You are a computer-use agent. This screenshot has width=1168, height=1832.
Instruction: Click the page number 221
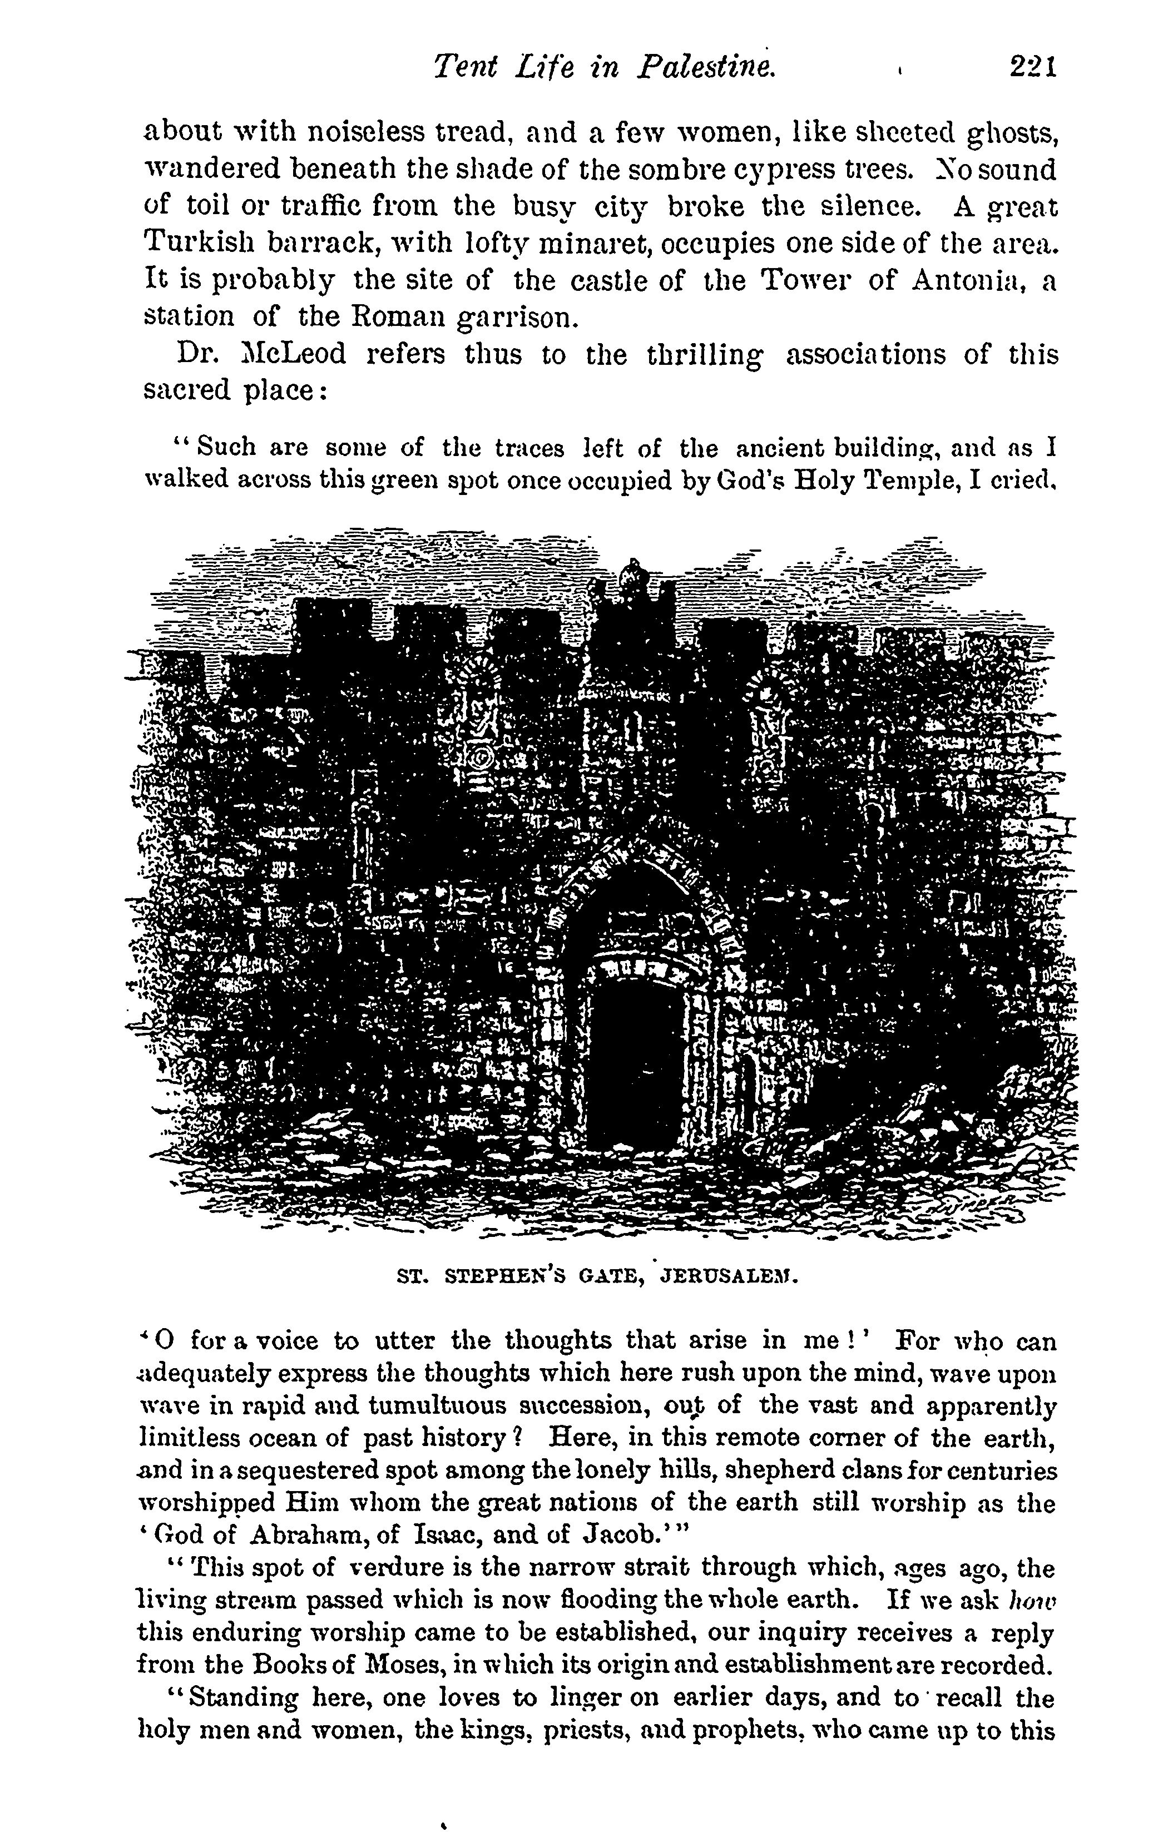click(x=1032, y=68)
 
